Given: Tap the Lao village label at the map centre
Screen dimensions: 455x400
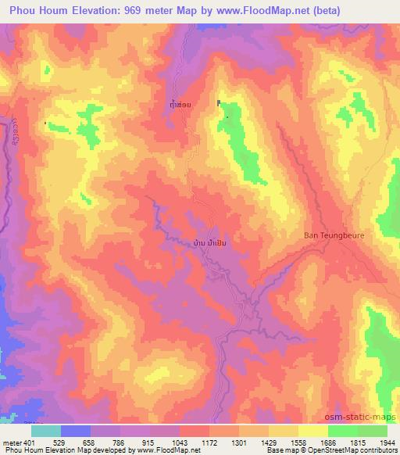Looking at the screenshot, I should [x=215, y=242].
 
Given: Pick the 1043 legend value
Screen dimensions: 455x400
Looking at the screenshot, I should [x=179, y=443].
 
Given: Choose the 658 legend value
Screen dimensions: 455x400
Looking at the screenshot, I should [x=89, y=443].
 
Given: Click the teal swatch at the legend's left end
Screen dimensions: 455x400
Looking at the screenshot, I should [x=46, y=431].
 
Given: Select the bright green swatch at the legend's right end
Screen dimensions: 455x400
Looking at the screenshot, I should [x=372, y=431].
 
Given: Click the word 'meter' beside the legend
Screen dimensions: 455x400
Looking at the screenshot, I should [x=10, y=443].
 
